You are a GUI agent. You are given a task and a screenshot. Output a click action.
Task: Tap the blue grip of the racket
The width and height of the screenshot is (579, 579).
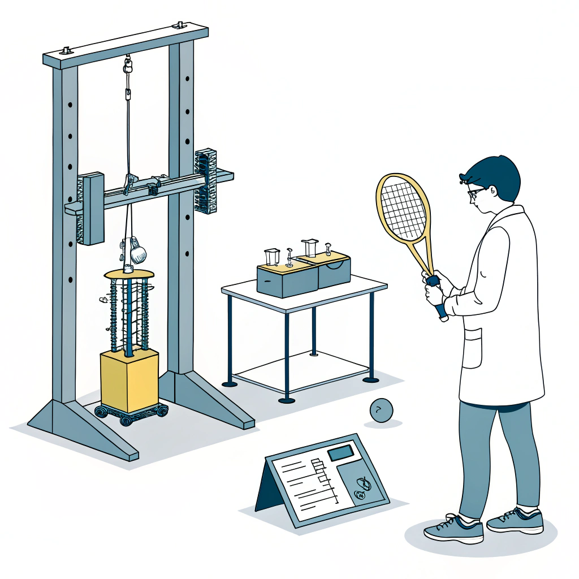[x=438, y=300]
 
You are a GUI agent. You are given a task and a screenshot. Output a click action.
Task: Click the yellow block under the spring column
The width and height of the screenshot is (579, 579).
[x=129, y=380]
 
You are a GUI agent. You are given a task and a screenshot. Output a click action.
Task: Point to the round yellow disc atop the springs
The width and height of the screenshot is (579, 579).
[x=129, y=274]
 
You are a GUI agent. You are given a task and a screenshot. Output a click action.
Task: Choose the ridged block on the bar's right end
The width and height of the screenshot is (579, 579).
[x=206, y=181]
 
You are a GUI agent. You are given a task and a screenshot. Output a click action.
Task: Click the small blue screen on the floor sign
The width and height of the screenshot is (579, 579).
[x=340, y=452]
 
